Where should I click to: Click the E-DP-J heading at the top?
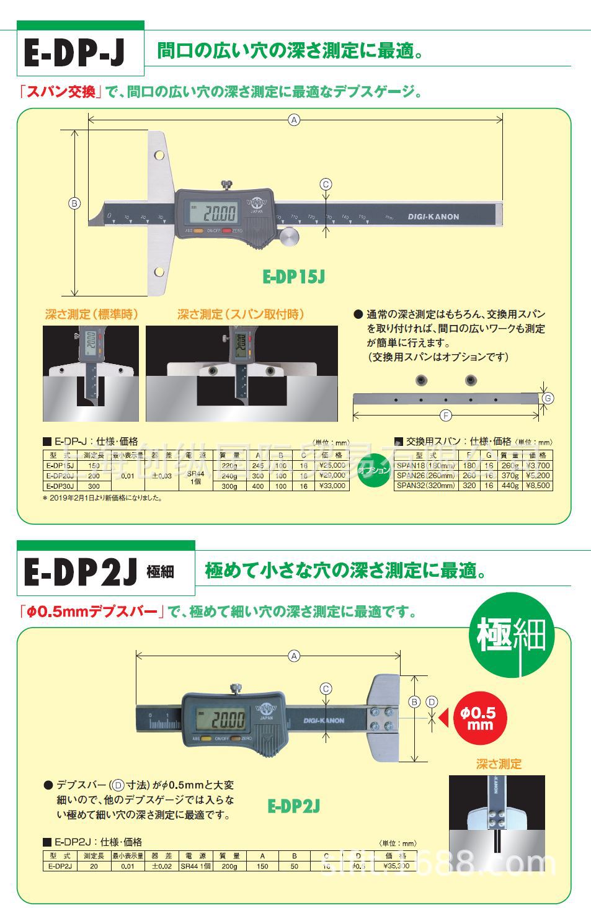(x=74, y=53)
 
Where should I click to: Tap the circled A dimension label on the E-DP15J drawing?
(x=295, y=120)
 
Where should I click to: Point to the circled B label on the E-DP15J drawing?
(x=74, y=203)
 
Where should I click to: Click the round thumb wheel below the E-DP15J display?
(x=288, y=236)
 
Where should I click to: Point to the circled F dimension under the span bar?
(x=445, y=416)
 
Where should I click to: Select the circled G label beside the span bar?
(x=547, y=398)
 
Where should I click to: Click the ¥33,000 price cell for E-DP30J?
(x=332, y=486)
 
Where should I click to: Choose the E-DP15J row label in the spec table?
(x=60, y=465)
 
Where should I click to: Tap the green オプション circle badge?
(x=373, y=471)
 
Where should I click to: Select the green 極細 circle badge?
(x=511, y=635)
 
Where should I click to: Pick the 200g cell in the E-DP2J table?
(x=229, y=866)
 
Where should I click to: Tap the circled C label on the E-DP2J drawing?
(x=326, y=688)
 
